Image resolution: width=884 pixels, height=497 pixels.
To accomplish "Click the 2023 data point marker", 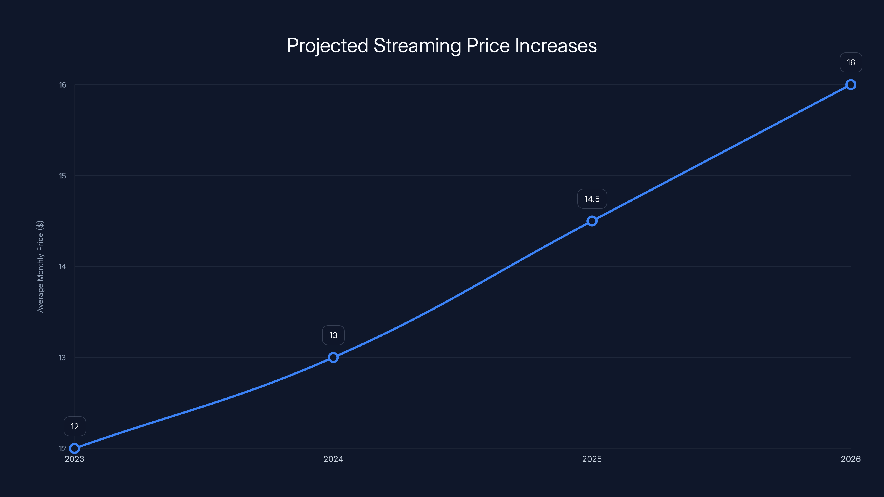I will (x=75, y=448).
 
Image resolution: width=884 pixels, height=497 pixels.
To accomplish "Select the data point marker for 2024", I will (x=333, y=357).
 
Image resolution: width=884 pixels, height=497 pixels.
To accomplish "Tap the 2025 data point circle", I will (x=592, y=221).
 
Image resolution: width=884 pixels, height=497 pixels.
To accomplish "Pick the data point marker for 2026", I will (x=851, y=84).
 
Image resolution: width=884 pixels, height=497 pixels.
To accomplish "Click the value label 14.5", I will (x=592, y=199).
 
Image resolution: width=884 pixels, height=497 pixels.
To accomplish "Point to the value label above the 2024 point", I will (x=333, y=335).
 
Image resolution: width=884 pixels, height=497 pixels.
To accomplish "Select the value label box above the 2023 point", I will (x=75, y=426).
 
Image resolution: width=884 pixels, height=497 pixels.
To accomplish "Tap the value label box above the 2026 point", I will (x=851, y=62).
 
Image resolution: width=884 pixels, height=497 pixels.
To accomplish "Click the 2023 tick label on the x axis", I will (x=75, y=459).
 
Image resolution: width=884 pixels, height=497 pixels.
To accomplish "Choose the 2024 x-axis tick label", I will (x=333, y=459).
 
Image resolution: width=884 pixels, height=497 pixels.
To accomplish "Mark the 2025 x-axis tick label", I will (x=592, y=459).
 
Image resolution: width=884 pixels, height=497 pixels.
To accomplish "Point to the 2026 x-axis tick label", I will (x=851, y=459).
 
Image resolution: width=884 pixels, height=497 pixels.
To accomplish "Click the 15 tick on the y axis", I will (x=62, y=176).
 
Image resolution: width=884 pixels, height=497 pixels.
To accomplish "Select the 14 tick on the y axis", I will (x=62, y=266).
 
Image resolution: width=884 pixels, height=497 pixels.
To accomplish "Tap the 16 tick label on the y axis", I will (x=62, y=85).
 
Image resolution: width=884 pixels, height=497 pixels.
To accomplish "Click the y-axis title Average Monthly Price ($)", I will (x=40, y=266).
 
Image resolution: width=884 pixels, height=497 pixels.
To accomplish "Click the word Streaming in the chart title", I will (x=417, y=46).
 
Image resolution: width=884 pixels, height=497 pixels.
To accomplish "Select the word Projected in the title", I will (x=327, y=46).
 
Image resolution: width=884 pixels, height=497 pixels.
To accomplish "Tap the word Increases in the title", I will (x=556, y=46).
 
